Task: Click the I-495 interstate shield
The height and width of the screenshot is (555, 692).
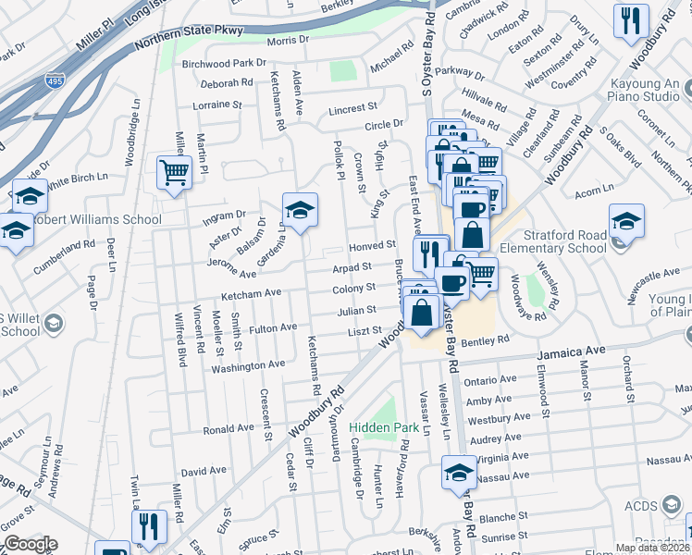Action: [56, 81]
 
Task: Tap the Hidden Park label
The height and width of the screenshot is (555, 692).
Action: [385, 427]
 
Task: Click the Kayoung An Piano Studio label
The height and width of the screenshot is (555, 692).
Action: [645, 90]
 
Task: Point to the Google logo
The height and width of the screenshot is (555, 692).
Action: [31, 544]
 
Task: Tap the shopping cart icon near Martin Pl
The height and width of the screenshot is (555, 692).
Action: [174, 172]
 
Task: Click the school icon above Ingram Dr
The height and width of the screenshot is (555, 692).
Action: [300, 211]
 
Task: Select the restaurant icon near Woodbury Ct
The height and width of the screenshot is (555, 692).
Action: [631, 21]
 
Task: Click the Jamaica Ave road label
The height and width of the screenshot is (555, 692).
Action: [571, 352]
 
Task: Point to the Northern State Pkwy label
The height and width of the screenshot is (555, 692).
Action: [188, 38]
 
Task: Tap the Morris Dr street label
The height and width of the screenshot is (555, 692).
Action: [288, 41]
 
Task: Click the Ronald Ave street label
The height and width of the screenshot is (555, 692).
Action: [228, 429]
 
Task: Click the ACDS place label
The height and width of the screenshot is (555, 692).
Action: [639, 505]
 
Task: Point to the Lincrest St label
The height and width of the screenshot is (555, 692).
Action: [352, 109]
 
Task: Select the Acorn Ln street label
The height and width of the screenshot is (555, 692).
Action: [594, 191]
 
